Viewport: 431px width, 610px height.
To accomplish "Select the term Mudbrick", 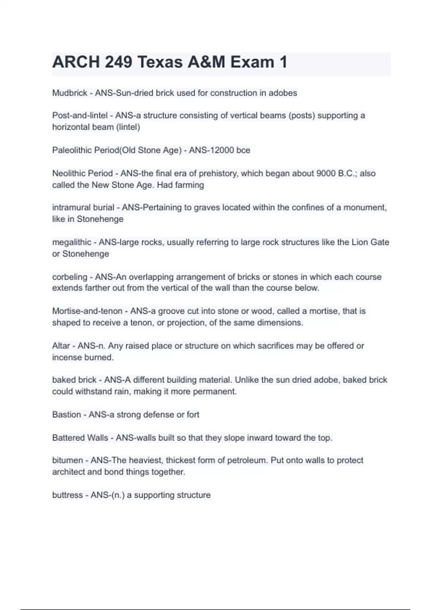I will (70, 93).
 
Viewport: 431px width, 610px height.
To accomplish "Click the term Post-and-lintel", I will (80, 116).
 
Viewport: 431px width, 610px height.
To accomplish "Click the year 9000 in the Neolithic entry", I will (326, 173).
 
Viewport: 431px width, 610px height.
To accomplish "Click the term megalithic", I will (71, 242).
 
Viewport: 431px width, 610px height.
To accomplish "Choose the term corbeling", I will (70, 277).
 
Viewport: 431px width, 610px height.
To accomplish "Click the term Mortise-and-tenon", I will (87, 311).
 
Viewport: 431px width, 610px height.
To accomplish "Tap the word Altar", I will (61, 346).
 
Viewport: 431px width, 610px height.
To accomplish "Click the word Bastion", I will (66, 415).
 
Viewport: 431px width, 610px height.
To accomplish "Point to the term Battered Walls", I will (80, 438).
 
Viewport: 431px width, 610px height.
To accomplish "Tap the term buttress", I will (68, 495).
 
